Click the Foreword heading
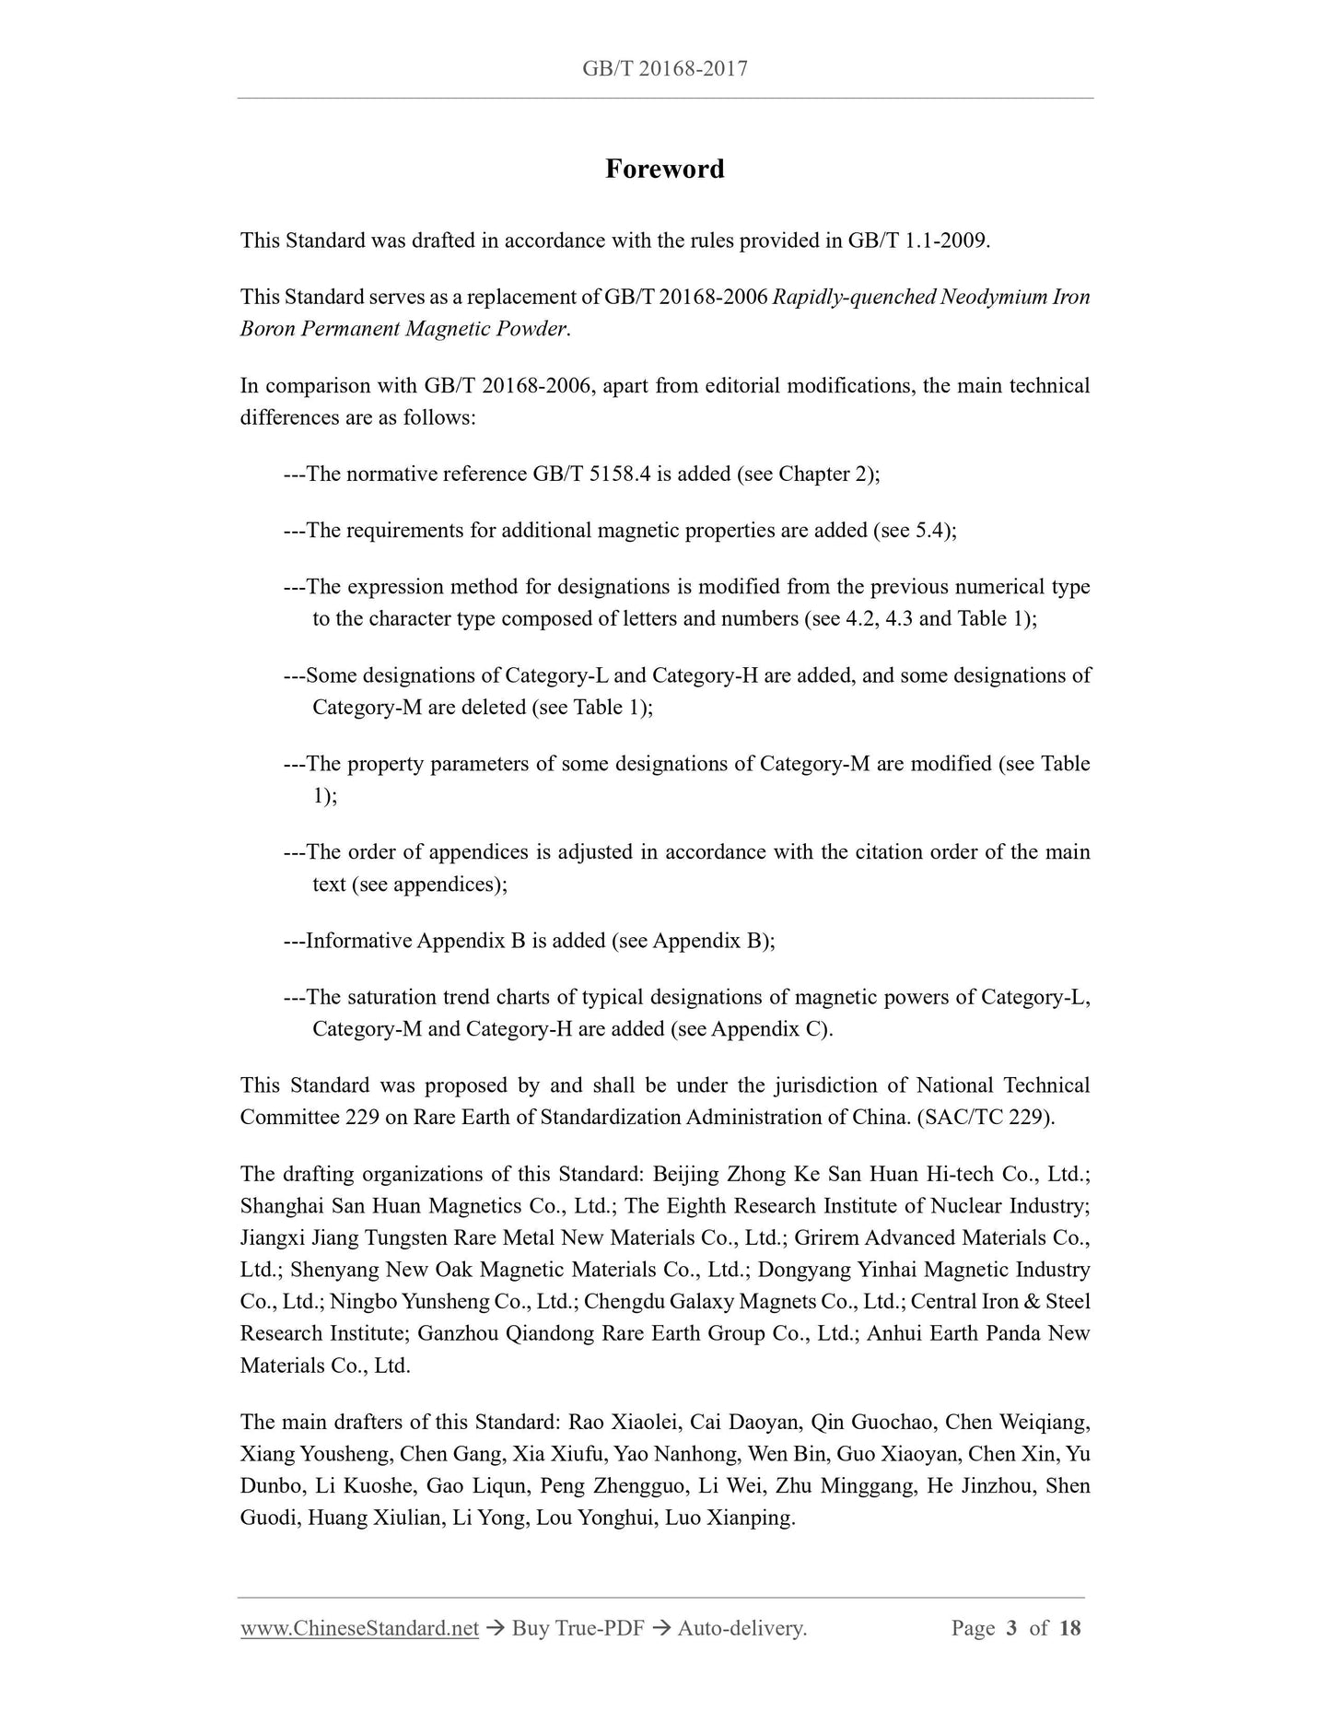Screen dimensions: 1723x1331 coord(664,169)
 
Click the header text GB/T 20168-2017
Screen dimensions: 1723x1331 coord(664,68)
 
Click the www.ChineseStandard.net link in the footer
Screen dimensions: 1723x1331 coord(359,1628)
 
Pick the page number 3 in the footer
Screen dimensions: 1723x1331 coord(1011,1628)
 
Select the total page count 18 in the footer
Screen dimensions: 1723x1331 coord(1069,1628)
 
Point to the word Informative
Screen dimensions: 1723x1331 coord(358,941)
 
